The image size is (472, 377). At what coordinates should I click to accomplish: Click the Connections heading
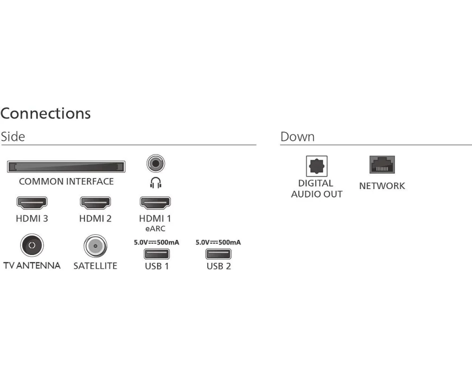[45, 114]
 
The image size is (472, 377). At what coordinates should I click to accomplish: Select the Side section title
[13, 137]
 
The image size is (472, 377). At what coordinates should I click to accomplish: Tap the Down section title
[297, 137]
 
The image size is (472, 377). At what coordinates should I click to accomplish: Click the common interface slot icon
[66, 166]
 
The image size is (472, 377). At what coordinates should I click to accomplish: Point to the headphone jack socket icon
[156, 163]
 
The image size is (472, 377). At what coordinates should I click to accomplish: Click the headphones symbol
[156, 182]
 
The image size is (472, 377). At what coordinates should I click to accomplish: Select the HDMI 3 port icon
[32, 203]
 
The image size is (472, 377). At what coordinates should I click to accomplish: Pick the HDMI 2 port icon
[95, 203]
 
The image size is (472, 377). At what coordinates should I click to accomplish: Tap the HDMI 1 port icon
[155, 203]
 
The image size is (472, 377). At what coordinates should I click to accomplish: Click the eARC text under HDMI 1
[155, 229]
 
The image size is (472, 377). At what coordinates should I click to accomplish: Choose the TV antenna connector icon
[32, 246]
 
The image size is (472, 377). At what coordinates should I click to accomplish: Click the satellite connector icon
[95, 246]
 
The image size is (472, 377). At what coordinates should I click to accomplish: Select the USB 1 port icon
[157, 254]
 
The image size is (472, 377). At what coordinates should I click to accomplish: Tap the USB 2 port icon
[218, 254]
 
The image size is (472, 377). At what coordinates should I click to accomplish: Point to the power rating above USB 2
[218, 242]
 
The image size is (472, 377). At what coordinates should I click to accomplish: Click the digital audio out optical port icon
[317, 166]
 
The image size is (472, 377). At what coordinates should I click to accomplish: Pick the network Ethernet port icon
[382, 164]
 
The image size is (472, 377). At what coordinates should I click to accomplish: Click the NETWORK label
[382, 186]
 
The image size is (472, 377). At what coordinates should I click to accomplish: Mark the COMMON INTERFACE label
[66, 181]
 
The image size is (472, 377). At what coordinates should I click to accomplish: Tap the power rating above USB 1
[157, 242]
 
